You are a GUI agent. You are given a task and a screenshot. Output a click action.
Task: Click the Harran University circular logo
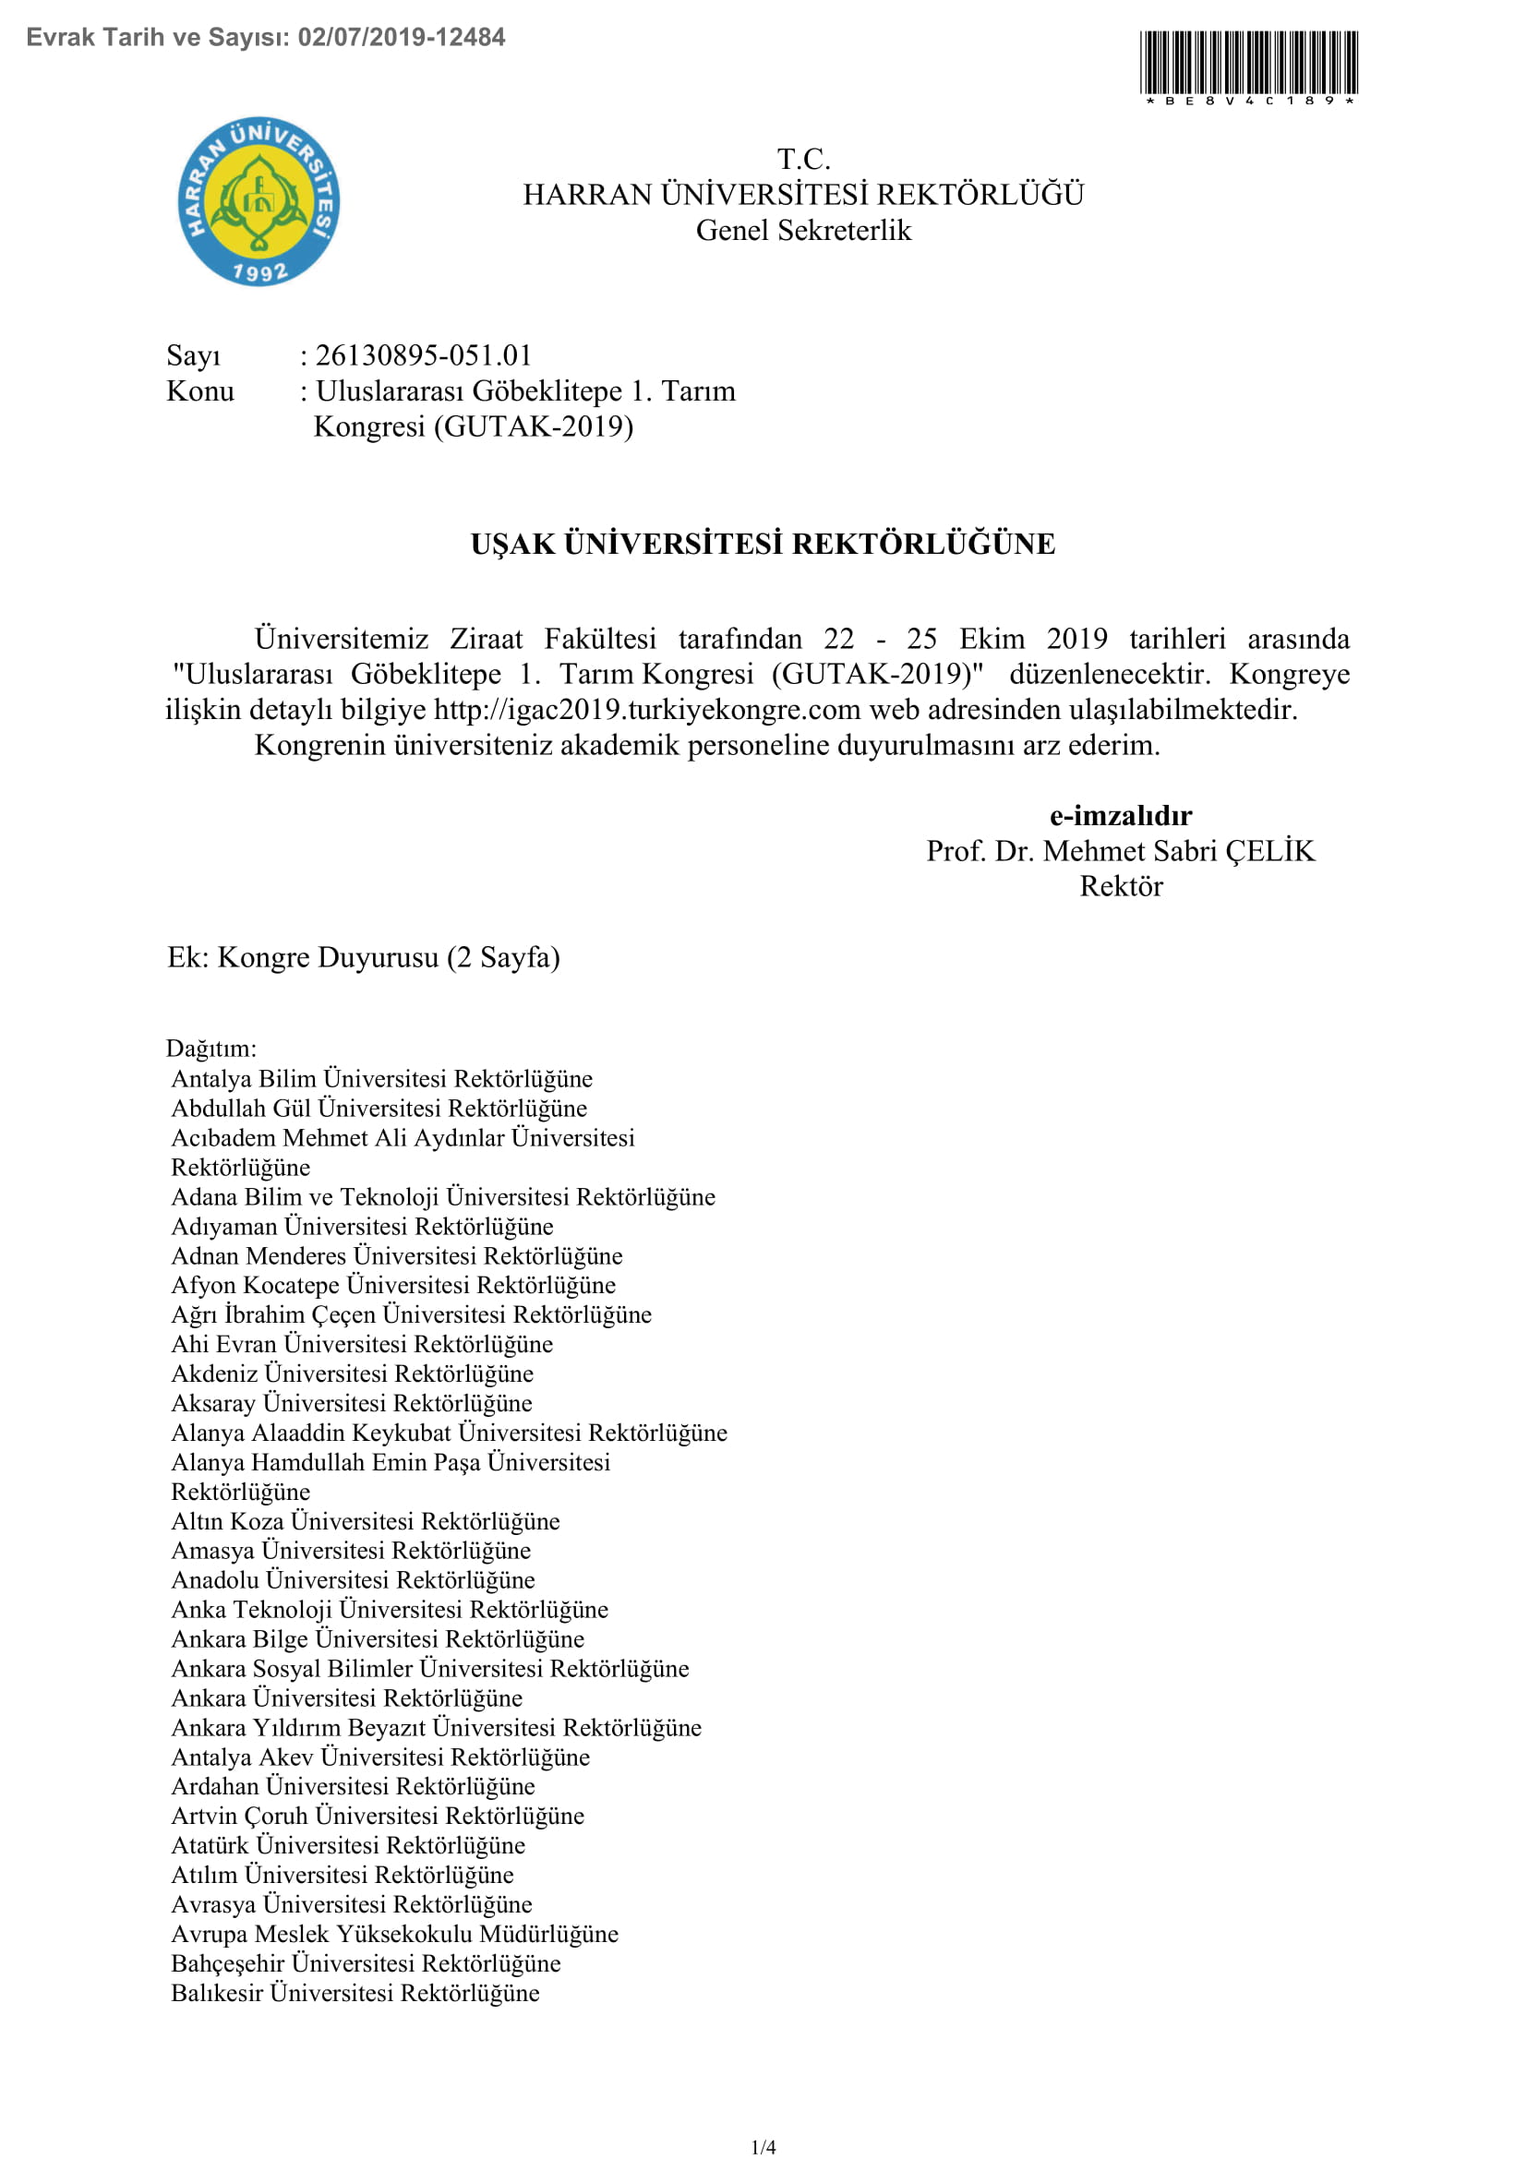[259, 202]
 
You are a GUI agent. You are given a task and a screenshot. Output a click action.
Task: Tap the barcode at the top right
[1249, 62]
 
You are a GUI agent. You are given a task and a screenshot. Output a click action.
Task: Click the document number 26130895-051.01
[423, 355]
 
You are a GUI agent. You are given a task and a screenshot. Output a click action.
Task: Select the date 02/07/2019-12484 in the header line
[402, 38]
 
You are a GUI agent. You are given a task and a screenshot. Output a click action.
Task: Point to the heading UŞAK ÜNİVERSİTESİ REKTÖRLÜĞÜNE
[763, 544]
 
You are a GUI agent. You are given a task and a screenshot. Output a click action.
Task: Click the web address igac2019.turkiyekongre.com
[647, 709]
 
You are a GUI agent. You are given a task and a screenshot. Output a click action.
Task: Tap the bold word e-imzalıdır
[1121, 815]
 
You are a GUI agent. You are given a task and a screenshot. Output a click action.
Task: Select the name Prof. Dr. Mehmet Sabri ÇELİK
[1120, 851]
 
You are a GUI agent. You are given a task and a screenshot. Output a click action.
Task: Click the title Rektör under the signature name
[1121, 887]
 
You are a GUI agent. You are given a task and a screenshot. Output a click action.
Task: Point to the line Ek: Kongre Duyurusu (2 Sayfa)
[363, 957]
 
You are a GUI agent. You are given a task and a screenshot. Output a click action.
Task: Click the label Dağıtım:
[210, 1049]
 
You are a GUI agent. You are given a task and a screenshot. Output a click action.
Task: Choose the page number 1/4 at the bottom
[763, 2146]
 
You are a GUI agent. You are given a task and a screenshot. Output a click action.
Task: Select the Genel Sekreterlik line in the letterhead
[803, 231]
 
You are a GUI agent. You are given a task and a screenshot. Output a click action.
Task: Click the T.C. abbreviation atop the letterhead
[803, 159]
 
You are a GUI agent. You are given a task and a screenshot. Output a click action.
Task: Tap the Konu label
[200, 391]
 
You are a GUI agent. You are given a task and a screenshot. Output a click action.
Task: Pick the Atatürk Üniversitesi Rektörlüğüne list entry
[348, 1845]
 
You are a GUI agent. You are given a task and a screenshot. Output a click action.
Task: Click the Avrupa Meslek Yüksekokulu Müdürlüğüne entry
[395, 1934]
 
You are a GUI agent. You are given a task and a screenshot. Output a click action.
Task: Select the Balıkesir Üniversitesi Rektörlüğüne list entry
[355, 1993]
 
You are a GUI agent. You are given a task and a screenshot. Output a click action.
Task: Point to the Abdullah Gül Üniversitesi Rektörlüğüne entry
[379, 1108]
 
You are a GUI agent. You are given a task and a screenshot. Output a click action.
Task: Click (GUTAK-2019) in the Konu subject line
[533, 427]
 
